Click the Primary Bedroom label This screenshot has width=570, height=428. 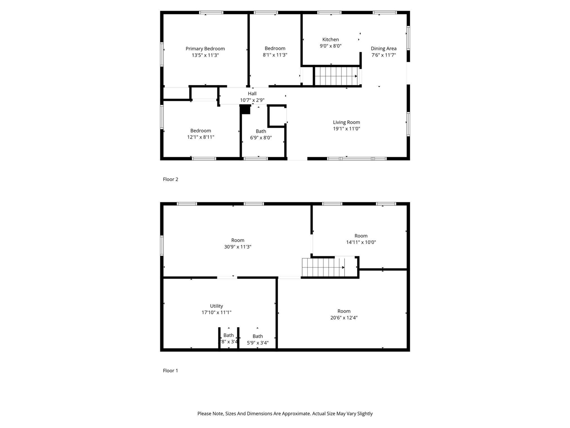click(205, 49)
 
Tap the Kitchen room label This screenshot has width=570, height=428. click(330, 40)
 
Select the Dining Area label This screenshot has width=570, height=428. click(383, 49)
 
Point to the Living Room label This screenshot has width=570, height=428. click(346, 122)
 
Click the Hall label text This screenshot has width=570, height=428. click(252, 94)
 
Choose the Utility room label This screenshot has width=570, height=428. click(216, 306)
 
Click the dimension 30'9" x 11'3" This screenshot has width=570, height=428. click(238, 247)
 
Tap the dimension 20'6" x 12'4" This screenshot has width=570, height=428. click(344, 318)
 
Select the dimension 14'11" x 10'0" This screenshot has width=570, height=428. click(361, 243)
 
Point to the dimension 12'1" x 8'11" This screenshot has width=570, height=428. click(201, 137)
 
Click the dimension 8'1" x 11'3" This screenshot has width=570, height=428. click(275, 55)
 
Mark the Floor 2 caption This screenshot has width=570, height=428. click(171, 179)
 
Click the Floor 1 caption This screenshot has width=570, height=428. click(171, 370)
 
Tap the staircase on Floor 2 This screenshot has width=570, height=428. click(336, 76)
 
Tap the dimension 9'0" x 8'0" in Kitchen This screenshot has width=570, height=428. click(330, 46)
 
